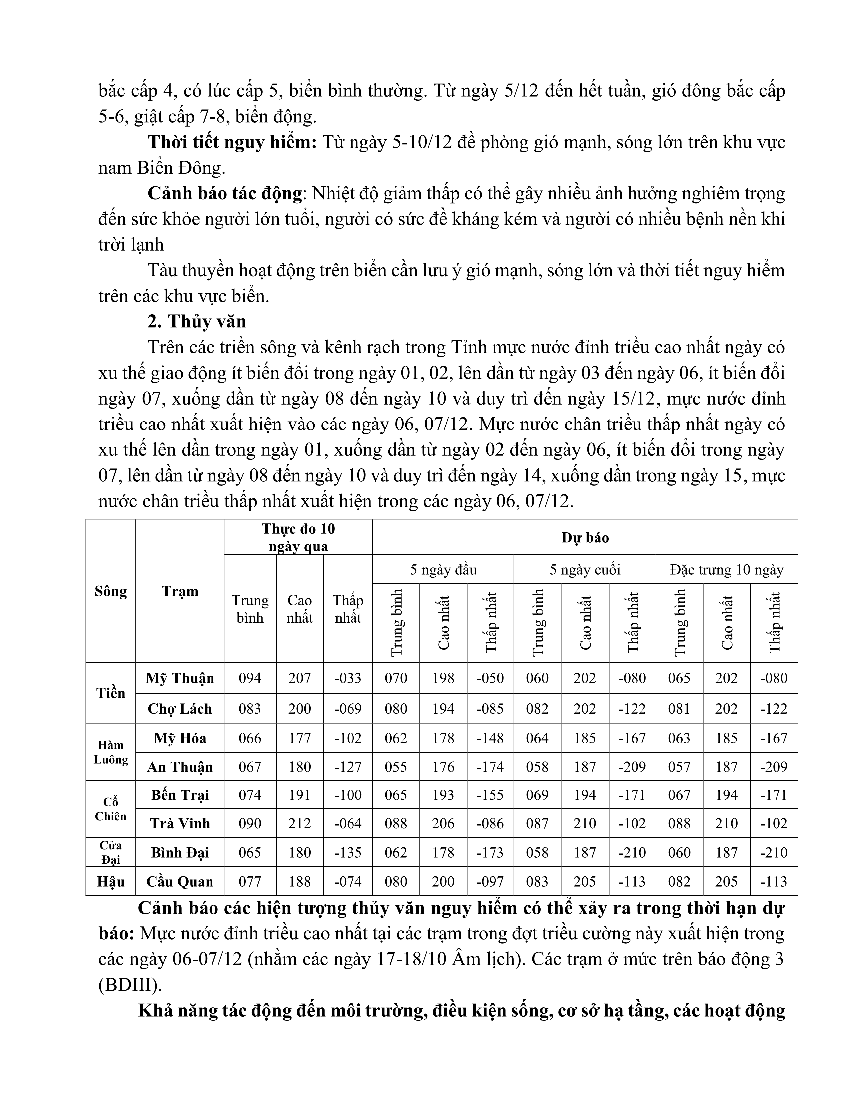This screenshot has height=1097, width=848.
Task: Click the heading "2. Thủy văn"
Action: click(197, 321)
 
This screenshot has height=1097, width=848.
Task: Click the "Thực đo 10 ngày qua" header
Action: click(298, 538)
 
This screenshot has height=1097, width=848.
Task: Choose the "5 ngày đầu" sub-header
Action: click(443, 569)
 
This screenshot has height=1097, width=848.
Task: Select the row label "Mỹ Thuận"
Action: click(180, 678)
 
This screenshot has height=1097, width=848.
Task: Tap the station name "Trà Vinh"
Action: click(180, 823)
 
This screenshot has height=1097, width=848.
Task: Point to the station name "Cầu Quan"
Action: click(180, 882)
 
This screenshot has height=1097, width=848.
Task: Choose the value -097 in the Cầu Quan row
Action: click(490, 882)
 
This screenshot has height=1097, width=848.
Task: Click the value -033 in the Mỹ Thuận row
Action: click(348, 678)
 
